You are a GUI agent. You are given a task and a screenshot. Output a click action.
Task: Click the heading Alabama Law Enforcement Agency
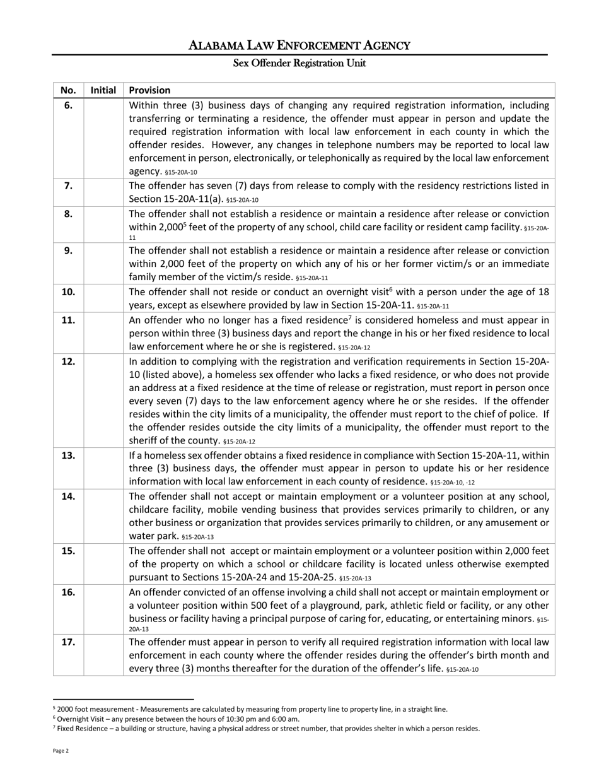pyautogui.click(x=299, y=45)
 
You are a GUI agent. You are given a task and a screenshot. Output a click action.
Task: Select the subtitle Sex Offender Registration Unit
pyautogui.click(x=299, y=63)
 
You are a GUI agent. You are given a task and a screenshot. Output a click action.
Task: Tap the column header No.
pyautogui.click(x=68, y=90)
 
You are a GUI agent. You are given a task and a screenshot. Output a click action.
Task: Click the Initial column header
pyautogui.click(x=103, y=90)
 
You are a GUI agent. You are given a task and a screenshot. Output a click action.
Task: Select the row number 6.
pyautogui.click(x=68, y=105)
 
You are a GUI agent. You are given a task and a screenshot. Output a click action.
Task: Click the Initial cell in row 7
pyautogui.click(x=103, y=192)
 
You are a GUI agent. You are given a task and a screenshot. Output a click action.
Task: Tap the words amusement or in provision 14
pyautogui.click(x=523, y=523)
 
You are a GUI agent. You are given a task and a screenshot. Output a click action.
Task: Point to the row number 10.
pyautogui.click(x=68, y=291)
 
